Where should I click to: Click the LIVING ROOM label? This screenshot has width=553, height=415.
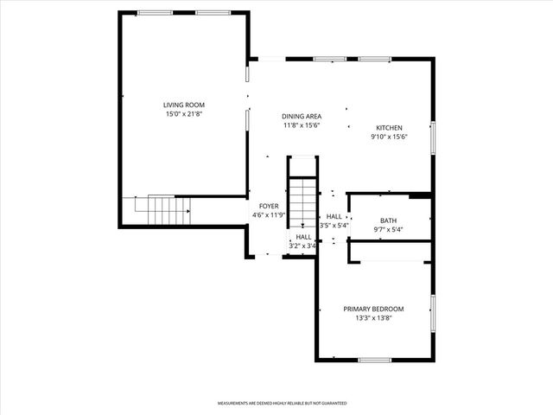tap(183, 105)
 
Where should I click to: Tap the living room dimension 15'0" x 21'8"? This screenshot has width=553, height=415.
tap(183, 114)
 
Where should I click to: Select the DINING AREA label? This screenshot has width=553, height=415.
tap(302, 117)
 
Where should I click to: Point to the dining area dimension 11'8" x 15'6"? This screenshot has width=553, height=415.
tap(302, 125)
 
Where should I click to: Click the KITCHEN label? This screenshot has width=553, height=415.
tap(388, 127)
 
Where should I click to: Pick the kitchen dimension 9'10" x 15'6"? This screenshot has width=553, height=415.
tap(388, 136)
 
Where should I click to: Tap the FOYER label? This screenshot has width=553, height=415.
tap(268, 207)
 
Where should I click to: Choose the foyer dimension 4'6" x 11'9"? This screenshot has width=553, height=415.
tap(268, 215)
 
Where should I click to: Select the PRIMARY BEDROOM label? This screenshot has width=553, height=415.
tap(373, 309)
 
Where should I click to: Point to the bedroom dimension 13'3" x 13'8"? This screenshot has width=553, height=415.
tap(373, 317)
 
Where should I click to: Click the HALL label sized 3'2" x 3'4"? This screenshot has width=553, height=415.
tap(303, 237)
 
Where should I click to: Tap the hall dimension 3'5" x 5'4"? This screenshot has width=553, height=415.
tap(334, 226)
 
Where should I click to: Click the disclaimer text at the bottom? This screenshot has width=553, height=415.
tap(282, 404)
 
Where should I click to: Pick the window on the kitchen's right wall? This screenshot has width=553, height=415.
tap(433, 138)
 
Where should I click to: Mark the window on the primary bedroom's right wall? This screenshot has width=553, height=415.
tap(433, 313)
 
